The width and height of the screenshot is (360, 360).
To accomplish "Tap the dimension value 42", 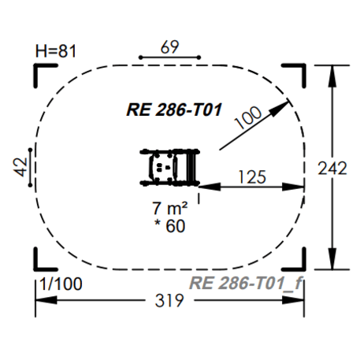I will [x=20, y=167].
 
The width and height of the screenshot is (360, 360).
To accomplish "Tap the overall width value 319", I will [x=170, y=301].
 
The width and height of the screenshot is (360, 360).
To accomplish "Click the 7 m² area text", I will [x=169, y=210].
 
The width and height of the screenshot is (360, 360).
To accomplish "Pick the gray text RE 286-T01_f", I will [x=246, y=284].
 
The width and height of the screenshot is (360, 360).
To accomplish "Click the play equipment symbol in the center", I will [x=169, y=166].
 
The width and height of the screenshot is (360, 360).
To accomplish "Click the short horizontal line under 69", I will [x=169, y=58].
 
